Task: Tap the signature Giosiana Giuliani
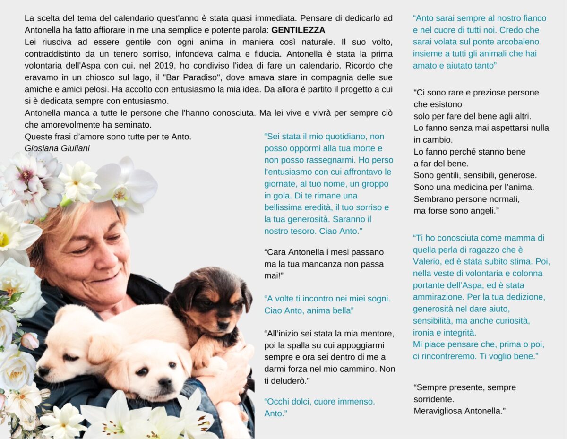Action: (x=57, y=148)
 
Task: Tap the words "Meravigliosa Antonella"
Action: (x=459, y=411)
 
